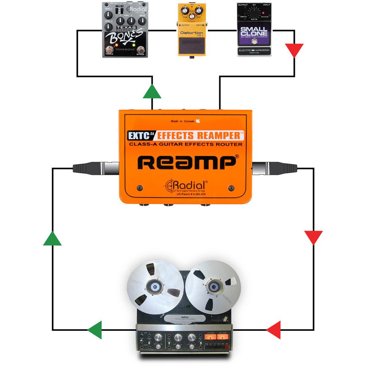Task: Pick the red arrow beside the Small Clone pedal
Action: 294,50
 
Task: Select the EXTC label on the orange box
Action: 141,135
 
